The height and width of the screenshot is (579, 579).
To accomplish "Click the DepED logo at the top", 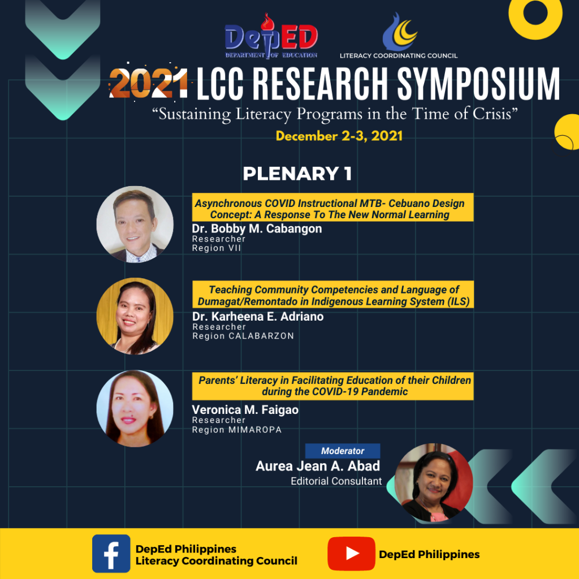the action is click(x=271, y=36).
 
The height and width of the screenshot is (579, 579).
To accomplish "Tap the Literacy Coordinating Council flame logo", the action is click(x=400, y=32).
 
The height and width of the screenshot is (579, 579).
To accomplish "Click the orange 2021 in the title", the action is click(x=149, y=84).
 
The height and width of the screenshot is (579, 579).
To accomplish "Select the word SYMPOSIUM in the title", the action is click(x=478, y=84).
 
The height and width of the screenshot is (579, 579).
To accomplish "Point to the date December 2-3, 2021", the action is click(x=339, y=136).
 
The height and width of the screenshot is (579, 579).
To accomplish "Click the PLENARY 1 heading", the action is click(x=297, y=174).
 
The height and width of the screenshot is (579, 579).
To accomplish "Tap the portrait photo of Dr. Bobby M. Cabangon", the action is click(x=135, y=224).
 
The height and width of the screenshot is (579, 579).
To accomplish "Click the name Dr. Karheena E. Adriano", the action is click(x=258, y=317).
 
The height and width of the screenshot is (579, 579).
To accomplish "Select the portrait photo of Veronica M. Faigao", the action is click(x=135, y=408).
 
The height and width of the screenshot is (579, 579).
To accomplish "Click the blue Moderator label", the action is click(x=343, y=451).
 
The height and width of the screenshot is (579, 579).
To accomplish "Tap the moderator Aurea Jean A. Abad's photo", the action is click(x=434, y=482).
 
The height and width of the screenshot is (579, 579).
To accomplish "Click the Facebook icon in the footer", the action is click(x=111, y=554).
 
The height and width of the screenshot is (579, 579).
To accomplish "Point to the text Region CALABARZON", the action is click(x=243, y=336).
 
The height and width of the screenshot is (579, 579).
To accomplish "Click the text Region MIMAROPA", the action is click(x=237, y=430).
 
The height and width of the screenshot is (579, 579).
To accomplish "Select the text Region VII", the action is click(x=217, y=248).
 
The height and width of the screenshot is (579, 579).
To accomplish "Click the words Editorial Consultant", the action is click(x=336, y=481).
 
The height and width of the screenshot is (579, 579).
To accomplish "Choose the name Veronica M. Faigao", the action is click(x=245, y=409).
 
